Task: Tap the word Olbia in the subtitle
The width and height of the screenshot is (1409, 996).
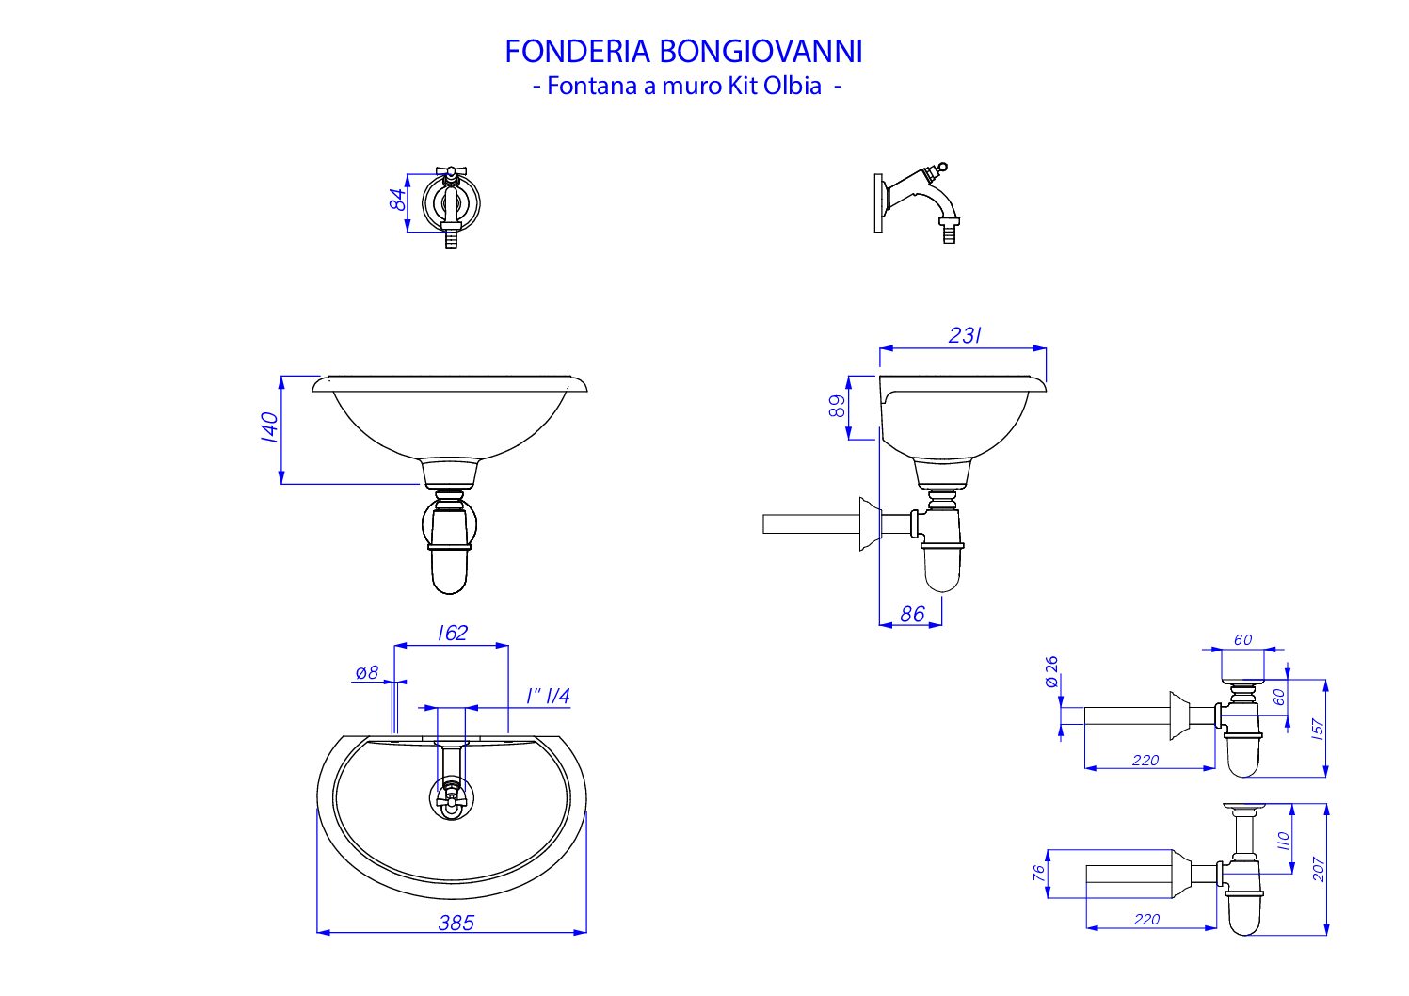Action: coord(792,86)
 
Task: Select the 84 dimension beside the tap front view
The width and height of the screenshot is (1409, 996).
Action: coord(398,201)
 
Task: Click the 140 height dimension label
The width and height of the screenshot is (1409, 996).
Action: coord(270,427)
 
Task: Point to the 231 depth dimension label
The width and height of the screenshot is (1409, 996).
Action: coord(965,335)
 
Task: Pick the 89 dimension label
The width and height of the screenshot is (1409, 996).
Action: coord(838,406)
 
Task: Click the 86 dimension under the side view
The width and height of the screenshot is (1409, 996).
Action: coord(912,614)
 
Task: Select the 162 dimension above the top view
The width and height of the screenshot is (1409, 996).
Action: coord(453,633)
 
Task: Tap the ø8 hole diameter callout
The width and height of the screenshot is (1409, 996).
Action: coord(367,673)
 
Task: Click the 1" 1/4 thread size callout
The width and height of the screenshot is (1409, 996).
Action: coord(548,696)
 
